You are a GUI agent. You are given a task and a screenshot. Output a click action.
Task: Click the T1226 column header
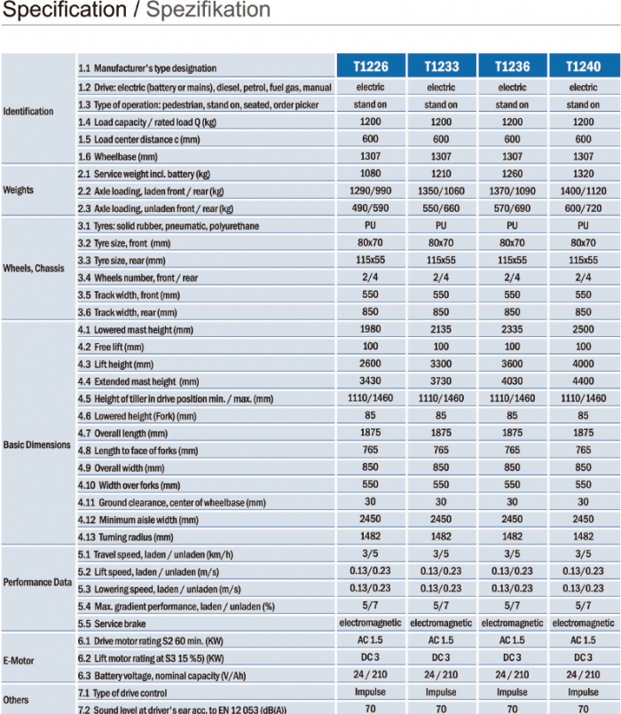pyautogui.click(x=371, y=67)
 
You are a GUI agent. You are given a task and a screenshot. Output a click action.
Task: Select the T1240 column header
pyautogui.click(x=583, y=67)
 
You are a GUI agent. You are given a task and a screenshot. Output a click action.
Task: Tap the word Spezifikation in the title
pyautogui.click(x=208, y=10)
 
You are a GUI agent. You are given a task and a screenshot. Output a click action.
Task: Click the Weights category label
pyautogui.click(x=19, y=190)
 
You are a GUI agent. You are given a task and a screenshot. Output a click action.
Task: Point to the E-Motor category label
pyautogui.click(x=19, y=660)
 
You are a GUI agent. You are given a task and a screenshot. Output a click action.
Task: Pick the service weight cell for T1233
pyautogui.click(x=441, y=174)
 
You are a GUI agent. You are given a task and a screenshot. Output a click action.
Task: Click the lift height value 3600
pyautogui.click(x=512, y=364)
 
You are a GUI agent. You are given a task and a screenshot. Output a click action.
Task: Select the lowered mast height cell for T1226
pyautogui.click(x=370, y=329)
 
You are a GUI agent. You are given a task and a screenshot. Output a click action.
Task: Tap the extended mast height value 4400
pyautogui.click(x=583, y=381)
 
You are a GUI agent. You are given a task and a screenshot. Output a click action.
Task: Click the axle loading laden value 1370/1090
pyautogui.click(x=512, y=191)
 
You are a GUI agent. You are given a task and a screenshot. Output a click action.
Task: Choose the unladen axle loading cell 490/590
pyautogui.click(x=370, y=208)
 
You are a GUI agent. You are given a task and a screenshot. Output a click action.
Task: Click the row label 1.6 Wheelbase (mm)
pyautogui.click(x=118, y=157)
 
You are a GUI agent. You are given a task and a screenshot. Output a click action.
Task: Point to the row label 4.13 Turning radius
pyautogui.click(x=125, y=537)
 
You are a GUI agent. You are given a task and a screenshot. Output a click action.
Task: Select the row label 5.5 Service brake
pyautogui.click(x=112, y=624)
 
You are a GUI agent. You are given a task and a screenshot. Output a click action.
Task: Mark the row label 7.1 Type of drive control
pyautogui.click(x=122, y=693)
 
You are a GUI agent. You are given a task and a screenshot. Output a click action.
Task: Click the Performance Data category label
pyautogui.click(x=37, y=583)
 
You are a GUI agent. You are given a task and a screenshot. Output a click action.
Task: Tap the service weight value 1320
pyautogui.click(x=583, y=174)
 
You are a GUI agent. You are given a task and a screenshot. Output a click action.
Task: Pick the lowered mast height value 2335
pyautogui.click(x=512, y=329)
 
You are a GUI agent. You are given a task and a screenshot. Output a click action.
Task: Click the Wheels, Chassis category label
pyautogui.click(x=33, y=268)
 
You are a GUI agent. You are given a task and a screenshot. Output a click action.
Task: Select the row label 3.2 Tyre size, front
pyautogui.click(x=124, y=243)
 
